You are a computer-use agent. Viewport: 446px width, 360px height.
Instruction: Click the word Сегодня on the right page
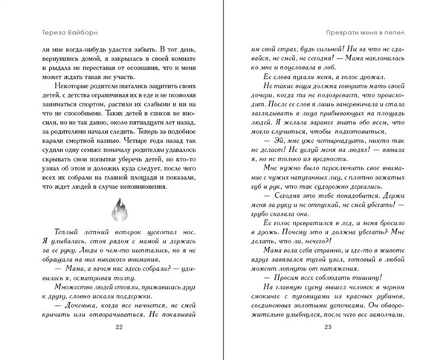[282, 190]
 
